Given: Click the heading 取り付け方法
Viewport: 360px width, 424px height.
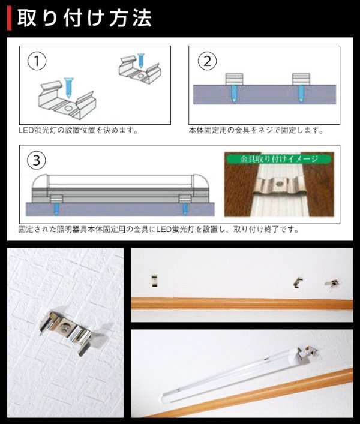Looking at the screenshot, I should pyautogui.click(x=85, y=19).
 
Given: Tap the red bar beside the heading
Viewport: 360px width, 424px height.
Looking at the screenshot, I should pyautogui.click(x=8, y=19).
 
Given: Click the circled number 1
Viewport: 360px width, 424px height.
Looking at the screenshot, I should pyautogui.click(x=37, y=61).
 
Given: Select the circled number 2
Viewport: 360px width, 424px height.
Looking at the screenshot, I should pyautogui.click(x=208, y=61).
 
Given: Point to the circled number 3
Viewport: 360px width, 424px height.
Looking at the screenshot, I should pyautogui.click(x=37, y=160).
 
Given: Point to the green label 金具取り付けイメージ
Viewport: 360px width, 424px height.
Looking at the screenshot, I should pyautogui.click(x=279, y=160).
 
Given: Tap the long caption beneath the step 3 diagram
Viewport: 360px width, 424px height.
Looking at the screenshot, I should pyautogui.click(x=158, y=229).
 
